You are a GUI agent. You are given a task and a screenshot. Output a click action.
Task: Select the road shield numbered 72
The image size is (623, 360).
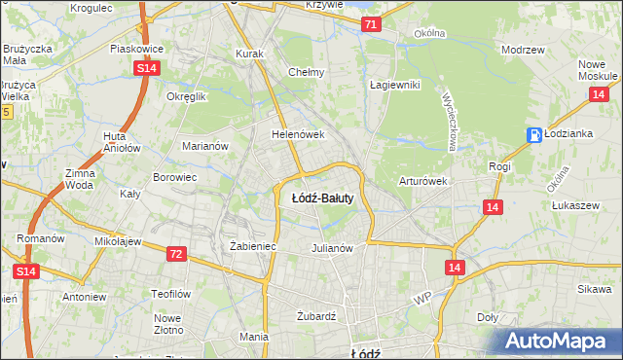(175, 254)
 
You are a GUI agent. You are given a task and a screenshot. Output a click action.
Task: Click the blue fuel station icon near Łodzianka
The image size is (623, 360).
(533, 135)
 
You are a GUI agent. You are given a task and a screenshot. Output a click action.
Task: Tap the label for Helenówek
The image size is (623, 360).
(297, 135)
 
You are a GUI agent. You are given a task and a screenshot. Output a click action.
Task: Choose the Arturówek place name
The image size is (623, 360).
(422, 181)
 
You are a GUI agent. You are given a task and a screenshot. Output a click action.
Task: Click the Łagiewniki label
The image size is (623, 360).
(394, 85)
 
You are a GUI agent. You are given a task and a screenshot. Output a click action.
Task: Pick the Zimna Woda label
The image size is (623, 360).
(80, 178)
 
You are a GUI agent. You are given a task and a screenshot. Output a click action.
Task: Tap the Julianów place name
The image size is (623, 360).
(331, 247)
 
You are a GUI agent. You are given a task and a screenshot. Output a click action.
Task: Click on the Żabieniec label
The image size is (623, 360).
(253, 247)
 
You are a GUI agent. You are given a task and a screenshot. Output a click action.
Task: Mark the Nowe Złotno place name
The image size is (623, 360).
(168, 324)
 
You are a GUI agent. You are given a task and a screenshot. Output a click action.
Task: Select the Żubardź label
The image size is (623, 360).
(315, 316)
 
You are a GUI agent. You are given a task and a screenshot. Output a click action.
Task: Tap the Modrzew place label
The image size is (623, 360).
(520, 49)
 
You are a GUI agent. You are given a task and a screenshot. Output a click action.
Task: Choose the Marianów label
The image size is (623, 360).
(205, 146)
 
